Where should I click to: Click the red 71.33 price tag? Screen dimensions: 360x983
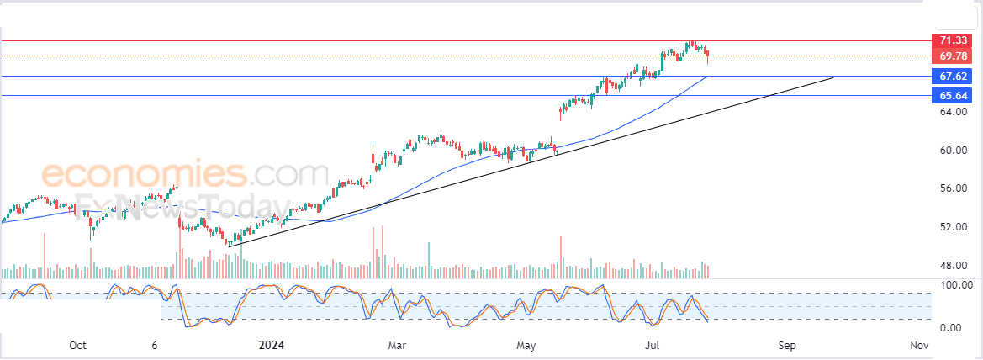953,40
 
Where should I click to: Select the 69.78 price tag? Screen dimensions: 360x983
953,56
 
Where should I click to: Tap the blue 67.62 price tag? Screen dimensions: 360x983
953,77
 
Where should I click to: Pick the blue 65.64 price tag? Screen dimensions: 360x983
953,96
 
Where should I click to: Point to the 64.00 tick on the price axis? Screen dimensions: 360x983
952,111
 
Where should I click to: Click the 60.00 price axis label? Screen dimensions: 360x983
952,151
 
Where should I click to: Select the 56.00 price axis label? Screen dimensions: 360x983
952,188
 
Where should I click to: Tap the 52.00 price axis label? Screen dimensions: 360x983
952,227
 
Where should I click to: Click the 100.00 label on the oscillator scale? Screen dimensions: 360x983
955,285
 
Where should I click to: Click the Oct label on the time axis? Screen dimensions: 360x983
77,346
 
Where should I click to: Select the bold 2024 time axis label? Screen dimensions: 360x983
272,346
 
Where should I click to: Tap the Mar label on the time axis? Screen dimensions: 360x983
397,346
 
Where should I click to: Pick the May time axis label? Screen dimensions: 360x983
526,346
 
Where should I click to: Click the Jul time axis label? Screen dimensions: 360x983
653,346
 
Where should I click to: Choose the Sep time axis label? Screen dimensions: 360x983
787,346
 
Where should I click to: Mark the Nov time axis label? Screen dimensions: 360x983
919,346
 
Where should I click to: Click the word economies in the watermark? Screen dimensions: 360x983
144,175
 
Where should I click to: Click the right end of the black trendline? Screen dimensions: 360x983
832,77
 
